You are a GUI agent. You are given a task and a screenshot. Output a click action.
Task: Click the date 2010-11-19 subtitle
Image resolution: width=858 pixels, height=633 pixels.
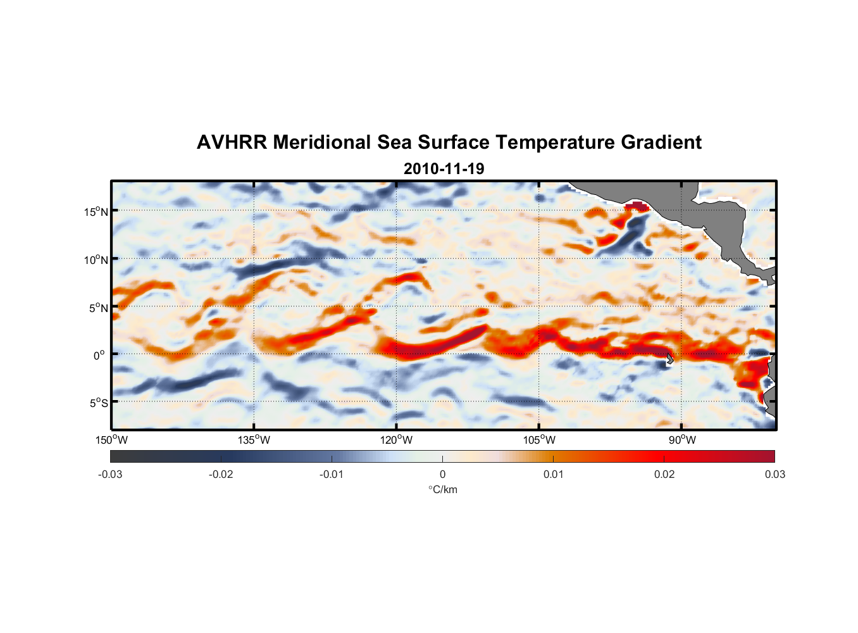click(444, 169)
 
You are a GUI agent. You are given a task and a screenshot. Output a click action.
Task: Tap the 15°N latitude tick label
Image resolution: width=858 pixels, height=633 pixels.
click(96, 212)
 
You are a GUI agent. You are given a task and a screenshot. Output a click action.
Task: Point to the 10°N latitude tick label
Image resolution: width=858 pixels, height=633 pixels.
click(96, 260)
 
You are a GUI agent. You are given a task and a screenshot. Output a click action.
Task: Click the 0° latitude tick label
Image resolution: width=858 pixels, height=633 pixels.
click(99, 356)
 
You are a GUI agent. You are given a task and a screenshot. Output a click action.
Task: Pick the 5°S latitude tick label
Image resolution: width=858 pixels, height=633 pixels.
click(97, 403)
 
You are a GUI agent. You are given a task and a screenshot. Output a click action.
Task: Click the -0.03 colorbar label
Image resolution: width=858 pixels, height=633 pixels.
click(110, 475)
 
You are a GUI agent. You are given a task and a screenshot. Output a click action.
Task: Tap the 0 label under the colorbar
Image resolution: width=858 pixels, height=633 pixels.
click(442, 475)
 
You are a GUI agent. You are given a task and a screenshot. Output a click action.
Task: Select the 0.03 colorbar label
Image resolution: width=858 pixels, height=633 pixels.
click(774, 475)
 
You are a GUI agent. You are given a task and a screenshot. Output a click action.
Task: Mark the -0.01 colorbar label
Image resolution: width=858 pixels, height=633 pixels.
click(332, 475)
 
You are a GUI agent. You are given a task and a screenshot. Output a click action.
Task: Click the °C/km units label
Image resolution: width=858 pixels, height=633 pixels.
click(442, 490)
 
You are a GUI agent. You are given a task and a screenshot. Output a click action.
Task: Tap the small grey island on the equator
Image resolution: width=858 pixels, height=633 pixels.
click(669, 358)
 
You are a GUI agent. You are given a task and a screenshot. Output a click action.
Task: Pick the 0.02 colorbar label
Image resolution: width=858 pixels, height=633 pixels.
click(664, 475)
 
